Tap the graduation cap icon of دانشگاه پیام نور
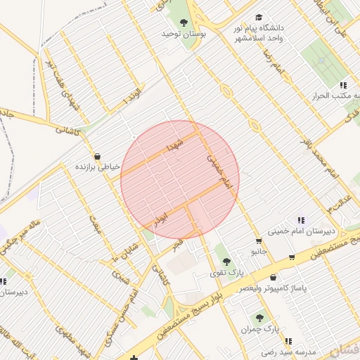[259, 17]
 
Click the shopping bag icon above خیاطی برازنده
[96, 156]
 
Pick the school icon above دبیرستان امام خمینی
[301, 220]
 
